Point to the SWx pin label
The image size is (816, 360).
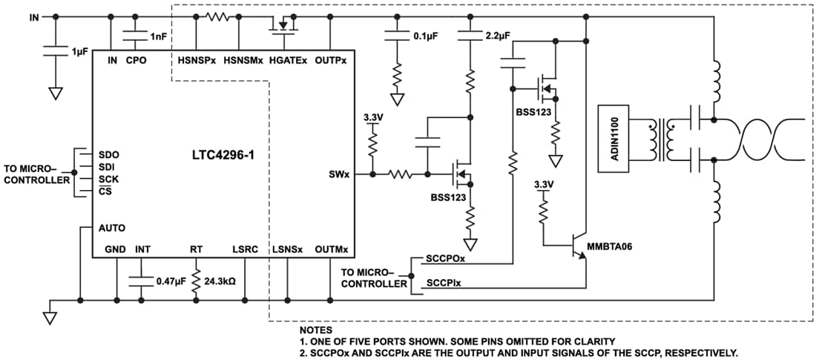point(340,174)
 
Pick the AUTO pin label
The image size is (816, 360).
point(111,228)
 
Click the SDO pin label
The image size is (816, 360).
point(108,154)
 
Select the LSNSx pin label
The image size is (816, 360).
point(287,249)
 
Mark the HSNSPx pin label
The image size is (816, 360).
point(197,60)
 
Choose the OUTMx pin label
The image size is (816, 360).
point(331,249)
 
